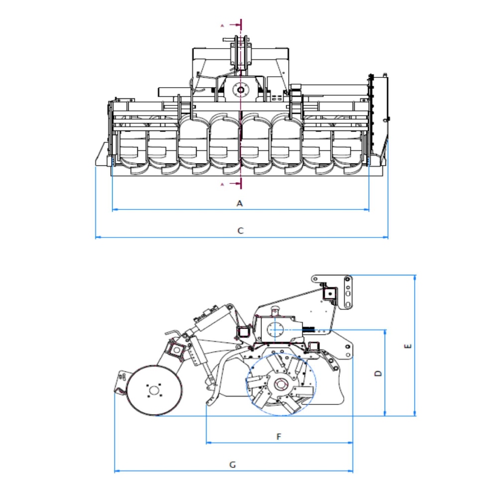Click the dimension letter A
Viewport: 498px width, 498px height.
[x=240, y=203]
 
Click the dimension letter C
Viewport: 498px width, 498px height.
[x=241, y=231]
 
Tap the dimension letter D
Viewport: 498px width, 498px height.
[x=378, y=373]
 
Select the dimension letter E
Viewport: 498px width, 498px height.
[x=408, y=346]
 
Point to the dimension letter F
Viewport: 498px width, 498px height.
[x=279, y=437]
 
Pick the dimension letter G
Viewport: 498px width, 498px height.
[x=233, y=465]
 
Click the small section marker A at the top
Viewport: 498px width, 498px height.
[x=222, y=25]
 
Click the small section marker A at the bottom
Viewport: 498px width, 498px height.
[x=222, y=184]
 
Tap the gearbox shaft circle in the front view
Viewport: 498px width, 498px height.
[x=241, y=90]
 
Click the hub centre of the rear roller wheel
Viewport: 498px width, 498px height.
[x=154, y=390]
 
